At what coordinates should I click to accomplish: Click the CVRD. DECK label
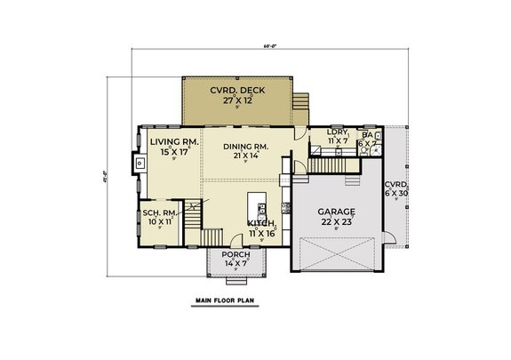236,90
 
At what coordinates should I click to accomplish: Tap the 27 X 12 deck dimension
236,100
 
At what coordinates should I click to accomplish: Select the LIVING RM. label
172,141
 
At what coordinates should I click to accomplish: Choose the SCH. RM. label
159,213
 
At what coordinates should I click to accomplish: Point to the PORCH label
235,255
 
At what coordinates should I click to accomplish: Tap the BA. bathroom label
367,135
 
